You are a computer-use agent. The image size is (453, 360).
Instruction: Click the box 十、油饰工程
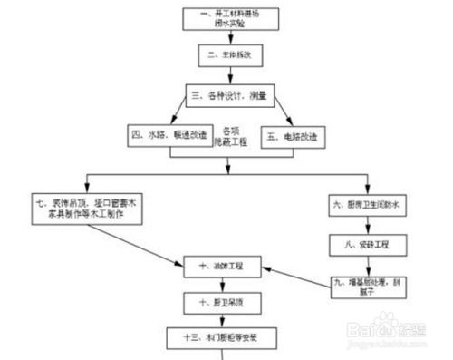pyautogui.click(x=221, y=268)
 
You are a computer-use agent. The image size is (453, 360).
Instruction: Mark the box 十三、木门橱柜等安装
pyautogui.click(x=219, y=336)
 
